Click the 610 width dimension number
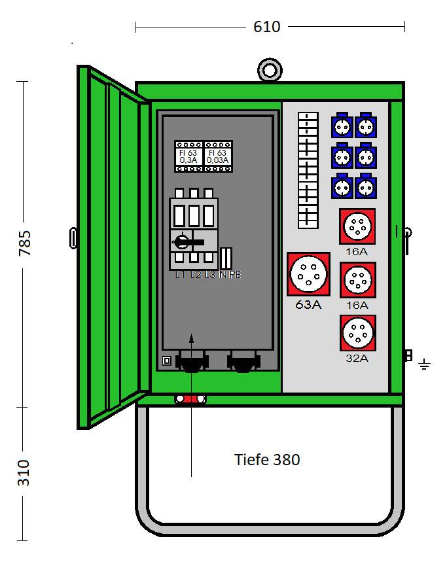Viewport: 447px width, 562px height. coord(266,27)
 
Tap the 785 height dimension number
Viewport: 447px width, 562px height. coord(24,243)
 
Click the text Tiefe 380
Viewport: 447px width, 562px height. coord(267,459)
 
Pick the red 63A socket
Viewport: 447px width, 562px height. coord(308,274)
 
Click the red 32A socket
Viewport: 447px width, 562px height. coord(358,333)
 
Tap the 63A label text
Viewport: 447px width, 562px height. coord(308,304)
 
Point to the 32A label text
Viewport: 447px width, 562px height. coord(358,358)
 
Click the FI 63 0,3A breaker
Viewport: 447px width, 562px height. coord(188,156)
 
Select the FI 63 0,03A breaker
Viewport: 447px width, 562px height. coord(218,156)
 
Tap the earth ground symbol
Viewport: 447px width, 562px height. coord(424,363)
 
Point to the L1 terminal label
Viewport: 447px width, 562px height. coord(180,275)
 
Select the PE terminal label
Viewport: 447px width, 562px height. coord(234,275)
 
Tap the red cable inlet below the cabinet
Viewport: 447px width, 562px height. coord(190,398)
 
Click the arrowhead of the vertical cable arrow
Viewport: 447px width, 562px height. coord(191,338)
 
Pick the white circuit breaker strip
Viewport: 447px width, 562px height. coord(308,170)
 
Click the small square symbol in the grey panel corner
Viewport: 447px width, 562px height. coord(166,360)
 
